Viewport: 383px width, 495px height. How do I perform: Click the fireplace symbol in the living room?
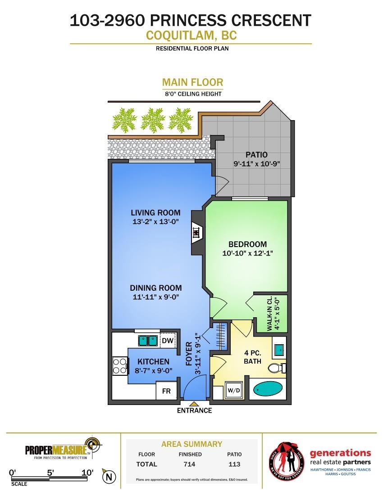(x=196, y=232)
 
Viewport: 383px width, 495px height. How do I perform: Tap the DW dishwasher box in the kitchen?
(x=168, y=340)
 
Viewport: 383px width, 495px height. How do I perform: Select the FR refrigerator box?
(x=167, y=391)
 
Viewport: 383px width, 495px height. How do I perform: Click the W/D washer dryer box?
(x=234, y=391)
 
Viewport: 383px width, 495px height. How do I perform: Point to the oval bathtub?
(x=268, y=389)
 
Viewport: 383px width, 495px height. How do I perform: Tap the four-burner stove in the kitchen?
(x=120, y=366)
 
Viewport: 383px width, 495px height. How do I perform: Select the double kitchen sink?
(x=148, y=340)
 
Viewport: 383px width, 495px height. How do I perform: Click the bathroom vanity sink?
(x=279, y=350)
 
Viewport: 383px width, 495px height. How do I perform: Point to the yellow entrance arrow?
(x=194, y=404)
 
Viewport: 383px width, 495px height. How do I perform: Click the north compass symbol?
(x=109, y=477)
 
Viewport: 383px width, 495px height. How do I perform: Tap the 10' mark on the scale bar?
(x=87, y=472)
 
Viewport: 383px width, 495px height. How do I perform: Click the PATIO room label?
(x=256, y=155)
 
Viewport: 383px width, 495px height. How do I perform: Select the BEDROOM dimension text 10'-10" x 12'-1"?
(x=247, y=253)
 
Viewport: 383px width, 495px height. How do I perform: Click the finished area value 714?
(x=189, y=464)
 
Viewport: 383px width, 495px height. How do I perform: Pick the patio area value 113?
(x=234, y=464)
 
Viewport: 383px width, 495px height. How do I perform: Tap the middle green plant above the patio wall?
(x=153, y=120)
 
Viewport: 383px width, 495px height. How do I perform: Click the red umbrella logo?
(x=286, y=459)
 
